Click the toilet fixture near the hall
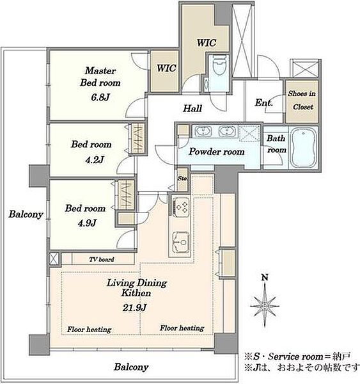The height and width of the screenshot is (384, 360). click(219, 65)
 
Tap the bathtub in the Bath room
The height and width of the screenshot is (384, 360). click(303, 147)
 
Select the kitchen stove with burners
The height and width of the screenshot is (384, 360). click(180, 206)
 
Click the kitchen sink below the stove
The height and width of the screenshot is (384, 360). click(180, 242)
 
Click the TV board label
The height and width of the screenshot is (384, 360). click(102, 259)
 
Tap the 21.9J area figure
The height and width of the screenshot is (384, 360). click(134, 307)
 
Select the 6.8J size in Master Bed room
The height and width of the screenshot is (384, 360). click(100, 97)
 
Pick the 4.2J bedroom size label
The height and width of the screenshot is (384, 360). click(95, 159)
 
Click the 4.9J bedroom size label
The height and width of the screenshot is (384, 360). click(87, 223)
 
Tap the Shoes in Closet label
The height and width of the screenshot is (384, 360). click(302, 100)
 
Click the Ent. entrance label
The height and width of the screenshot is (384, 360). click(263, 102)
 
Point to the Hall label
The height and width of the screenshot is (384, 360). click(192, 108)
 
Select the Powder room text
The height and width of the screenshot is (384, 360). click(217, 152)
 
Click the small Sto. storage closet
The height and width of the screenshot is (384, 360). click(182, 180)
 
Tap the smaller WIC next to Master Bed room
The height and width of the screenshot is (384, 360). click(166, 68)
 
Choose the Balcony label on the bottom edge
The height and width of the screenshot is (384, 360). click(131, 367)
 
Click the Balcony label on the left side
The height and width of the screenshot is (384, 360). click(26, 214)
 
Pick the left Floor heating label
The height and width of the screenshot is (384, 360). click(90, 330)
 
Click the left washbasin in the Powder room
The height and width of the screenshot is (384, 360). click(203, 131)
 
